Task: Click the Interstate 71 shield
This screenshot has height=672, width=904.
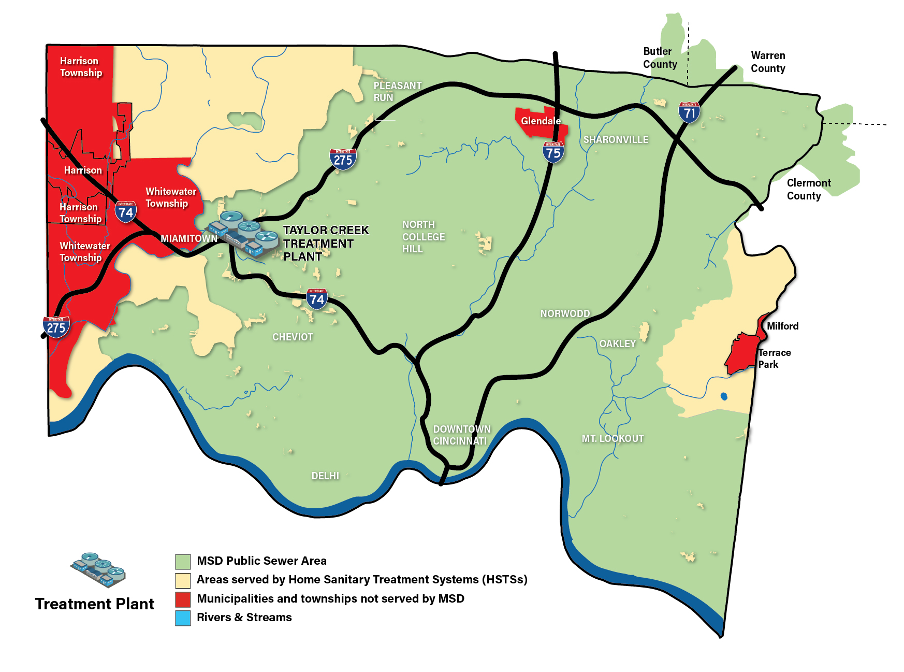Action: click(689, 112)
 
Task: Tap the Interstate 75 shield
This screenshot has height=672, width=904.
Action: click(553, 152)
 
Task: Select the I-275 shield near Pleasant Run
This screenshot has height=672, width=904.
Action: click(343, 160)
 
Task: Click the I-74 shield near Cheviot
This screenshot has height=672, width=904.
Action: click(317, 299)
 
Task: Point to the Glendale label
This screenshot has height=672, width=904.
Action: click(541, 121)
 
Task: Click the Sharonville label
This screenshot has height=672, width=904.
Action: click(616, 139)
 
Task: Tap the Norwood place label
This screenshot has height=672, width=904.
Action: click(565, 313)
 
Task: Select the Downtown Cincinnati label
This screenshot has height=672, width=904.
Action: click(461, 435)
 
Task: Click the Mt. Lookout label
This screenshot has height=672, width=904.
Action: click(613, 438)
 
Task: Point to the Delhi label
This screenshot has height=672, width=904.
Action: click(325, 476)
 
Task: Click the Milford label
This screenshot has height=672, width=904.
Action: click(782, 326)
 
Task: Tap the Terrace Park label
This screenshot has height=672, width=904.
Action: click(774, 358)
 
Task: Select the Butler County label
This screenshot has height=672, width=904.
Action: click(660, 58)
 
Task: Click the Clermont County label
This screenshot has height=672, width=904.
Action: click(808, 189)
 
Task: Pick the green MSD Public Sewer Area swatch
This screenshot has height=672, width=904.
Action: click(183, 561)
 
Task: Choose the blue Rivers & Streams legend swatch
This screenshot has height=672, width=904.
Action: click(183, 618)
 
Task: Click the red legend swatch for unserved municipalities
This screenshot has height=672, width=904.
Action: click(183, 599)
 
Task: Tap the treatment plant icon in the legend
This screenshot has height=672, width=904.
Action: click(98, 570)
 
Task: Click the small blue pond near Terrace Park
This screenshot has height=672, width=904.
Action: click(724, 396)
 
